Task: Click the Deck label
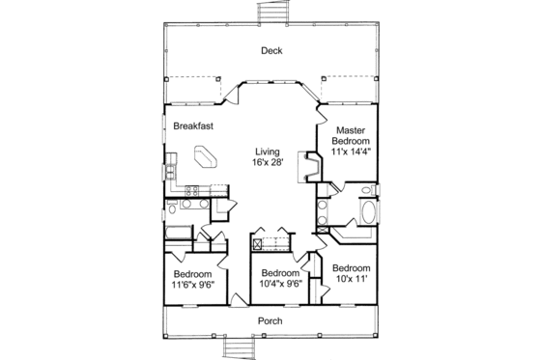[270, 51]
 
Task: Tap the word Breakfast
[193, 125]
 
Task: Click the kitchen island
[206, 156]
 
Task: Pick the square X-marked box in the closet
[258, 243]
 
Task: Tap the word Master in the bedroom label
[349, 129]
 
